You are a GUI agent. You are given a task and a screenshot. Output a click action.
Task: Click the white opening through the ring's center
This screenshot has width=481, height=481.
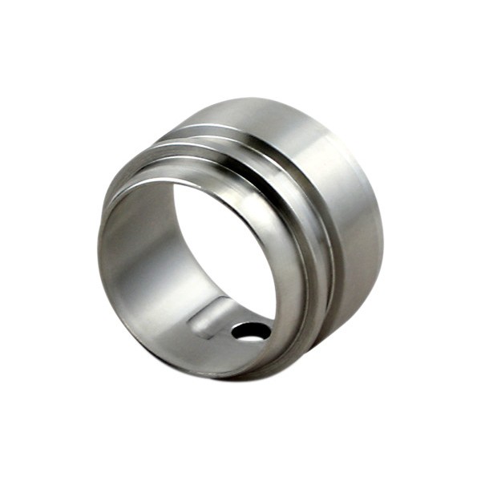224,249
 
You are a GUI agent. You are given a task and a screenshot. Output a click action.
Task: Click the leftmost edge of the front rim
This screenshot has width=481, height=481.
99,257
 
